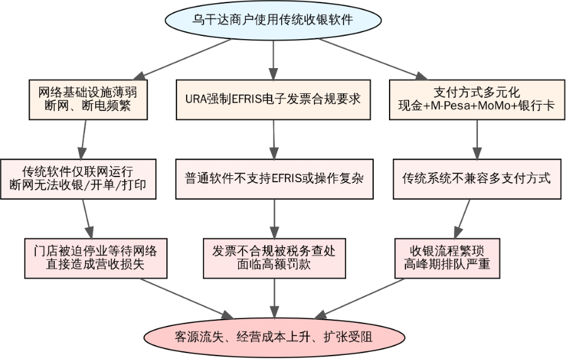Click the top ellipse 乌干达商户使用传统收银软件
pyautogui.click(x=272, y=20)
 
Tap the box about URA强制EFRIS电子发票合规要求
pyautogui.click(x=273, y=99)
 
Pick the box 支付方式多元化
pyautogui.click(x=477, y=99)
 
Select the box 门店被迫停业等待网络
pyautogui.click(x=96, y=257)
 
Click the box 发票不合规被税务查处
pyautogui.click(x=274, y=257)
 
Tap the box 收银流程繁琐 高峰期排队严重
pyautogui.click(x=446, y=257)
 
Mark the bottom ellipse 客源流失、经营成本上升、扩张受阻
pyautogui.click(x=274, y=337)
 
